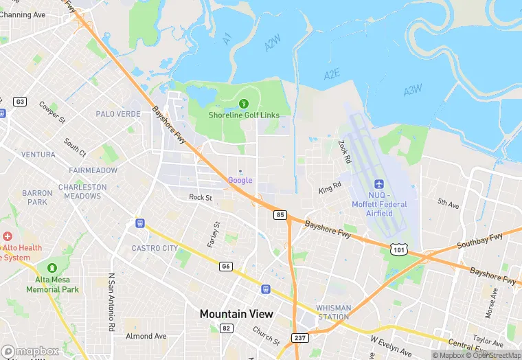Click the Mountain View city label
236,314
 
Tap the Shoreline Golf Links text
244,115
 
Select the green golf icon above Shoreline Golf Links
243,104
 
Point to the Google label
240,180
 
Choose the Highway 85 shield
280,215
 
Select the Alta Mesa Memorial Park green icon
52,268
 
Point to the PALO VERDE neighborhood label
118,114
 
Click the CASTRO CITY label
155,248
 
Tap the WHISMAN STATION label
334,312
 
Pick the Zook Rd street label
344,153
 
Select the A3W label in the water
413,90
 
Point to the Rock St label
201,197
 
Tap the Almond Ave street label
146,336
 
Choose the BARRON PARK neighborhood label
37,198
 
